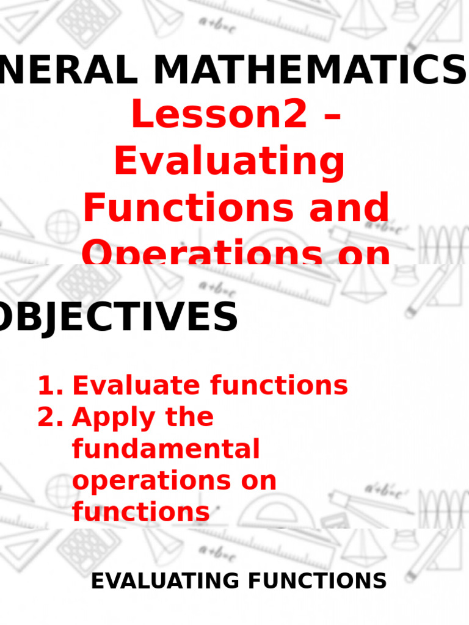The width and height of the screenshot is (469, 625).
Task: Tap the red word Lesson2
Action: [x=219, y=114]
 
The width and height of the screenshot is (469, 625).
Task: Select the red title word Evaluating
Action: [x=230, y=162]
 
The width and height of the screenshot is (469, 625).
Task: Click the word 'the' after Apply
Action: [x=188, y=417]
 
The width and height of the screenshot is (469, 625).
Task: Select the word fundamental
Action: [x=166, y=450]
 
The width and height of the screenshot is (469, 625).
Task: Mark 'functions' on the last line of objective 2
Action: [x=141, y=511]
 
